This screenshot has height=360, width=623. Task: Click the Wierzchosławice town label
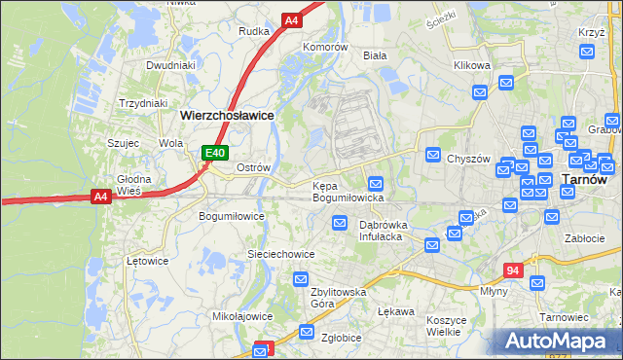click(x=227, y=114)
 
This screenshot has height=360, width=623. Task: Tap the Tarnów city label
click(x=585, y=179)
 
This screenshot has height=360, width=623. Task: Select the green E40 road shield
click(x=215, y=153)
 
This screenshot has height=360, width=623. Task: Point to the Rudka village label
click(x=253, y=31)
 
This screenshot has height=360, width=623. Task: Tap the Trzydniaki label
click(x=143, y=103)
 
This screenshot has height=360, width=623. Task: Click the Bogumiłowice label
click(x=232, y=216)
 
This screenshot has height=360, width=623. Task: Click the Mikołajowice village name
click(x=242, y=316)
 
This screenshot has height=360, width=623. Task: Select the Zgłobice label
click(x=343, y=338)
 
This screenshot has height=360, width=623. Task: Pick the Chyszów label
click(x=465, y=160)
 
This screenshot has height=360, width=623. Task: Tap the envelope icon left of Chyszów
click(x=433, y=155)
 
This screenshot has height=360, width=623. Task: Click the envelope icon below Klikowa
click(x=480, y=92)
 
